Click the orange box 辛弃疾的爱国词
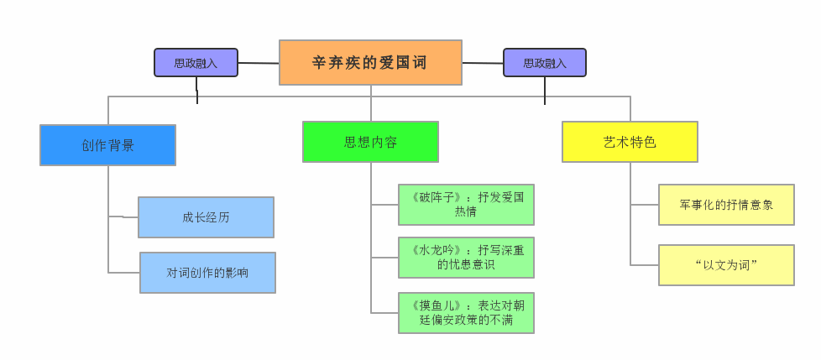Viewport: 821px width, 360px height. tap(370, 63)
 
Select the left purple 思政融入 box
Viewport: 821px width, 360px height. tap(196, 63)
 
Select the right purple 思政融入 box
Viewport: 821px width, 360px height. tap(545, 63)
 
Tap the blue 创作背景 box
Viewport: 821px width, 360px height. tap(107, 145)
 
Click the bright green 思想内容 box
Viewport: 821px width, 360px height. tap(370, 142)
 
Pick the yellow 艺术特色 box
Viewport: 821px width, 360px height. tap(630, 142)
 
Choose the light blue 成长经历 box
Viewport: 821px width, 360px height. tap(206, 217)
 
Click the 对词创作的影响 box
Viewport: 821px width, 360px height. tap(207, 273)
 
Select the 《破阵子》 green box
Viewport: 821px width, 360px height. tap(466, 205)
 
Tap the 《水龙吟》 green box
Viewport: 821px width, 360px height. tap(466, 258)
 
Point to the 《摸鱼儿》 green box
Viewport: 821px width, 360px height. tap(466, 313)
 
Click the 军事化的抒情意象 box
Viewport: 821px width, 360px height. tap(726, 205)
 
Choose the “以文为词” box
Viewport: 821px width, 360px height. tap(726, 265)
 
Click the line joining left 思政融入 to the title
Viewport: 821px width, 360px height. tap(259, 63)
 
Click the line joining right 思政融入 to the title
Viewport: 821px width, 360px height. tap(483, 63)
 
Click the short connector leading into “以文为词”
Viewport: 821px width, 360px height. tap(645, 265)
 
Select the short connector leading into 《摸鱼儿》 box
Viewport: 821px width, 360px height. tap(384, 313)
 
